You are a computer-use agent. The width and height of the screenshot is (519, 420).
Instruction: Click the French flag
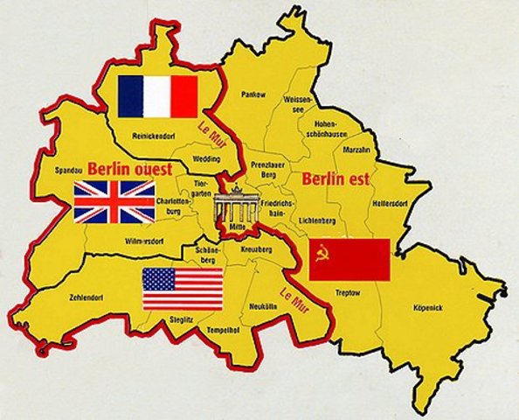click(158, 95)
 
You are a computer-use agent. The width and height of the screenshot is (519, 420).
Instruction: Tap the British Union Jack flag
click(114, 201)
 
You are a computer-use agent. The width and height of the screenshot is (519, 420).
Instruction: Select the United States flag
click(183, 289)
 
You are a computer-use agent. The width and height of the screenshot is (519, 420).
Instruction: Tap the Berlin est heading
click(336, 180)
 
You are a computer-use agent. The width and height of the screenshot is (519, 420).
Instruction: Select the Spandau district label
click(68, 171)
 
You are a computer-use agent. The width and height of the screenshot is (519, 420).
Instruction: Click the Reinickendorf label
click(154, 136)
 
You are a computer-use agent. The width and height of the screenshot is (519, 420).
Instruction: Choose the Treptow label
click(348, 293)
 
